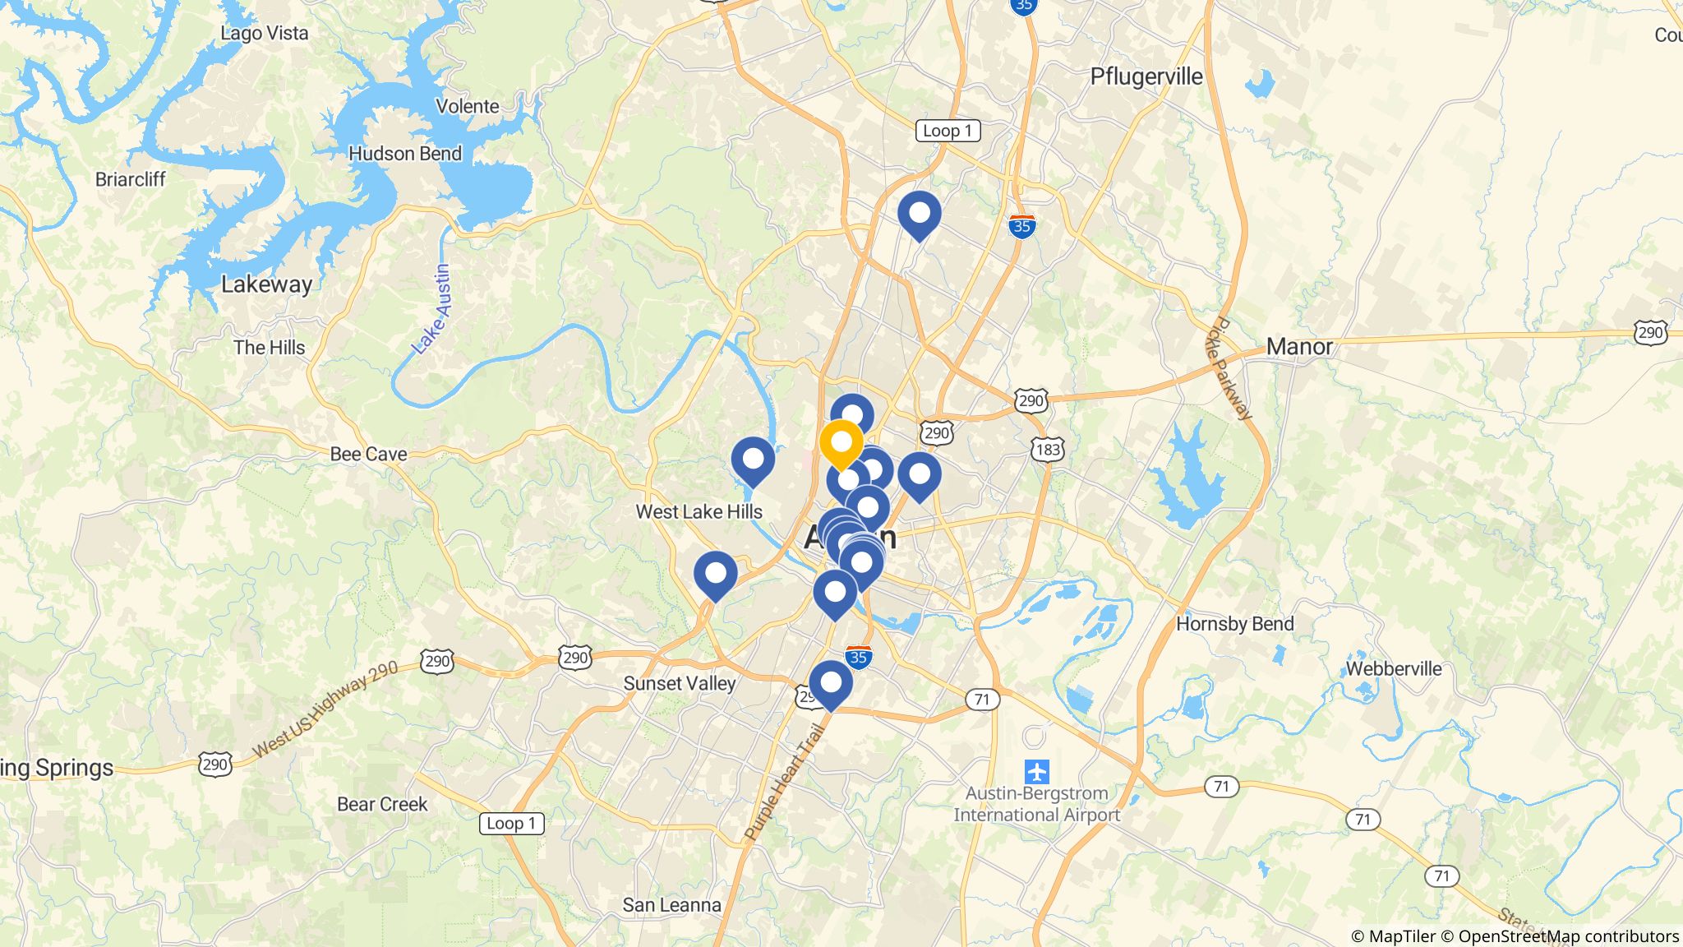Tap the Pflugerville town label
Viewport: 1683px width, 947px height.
click(x=1146, y=76)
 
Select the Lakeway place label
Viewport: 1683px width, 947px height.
click(x=266, y=284)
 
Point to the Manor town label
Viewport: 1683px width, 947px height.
click(x=1298, y=346)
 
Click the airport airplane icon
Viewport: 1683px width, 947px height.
click(x=1037, y=772)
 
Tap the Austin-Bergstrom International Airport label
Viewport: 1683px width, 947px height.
click(x=1037, y=804)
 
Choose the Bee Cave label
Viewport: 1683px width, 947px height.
click(x=368, y=454)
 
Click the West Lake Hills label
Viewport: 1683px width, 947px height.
click(x=699, y=511)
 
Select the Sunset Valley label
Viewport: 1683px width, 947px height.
click(x=679, y=683)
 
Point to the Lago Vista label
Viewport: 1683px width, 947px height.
click(x=265, y=34)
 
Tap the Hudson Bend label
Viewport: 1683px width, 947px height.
click(x=405, y=154)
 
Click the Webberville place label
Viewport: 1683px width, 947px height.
click(x=1393, y=668)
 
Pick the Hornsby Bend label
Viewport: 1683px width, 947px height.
click(x=1234, y=624)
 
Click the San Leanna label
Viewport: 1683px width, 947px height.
click(x=671, y=905)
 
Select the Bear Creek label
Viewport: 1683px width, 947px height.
click(x=382, y=804)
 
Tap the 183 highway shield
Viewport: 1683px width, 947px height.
click(x=1048, y=450)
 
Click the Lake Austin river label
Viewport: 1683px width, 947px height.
click(x=433, y=308)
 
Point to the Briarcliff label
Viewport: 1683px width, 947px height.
click(x=130, y=179)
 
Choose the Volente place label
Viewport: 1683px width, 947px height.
click(x=467, y=106)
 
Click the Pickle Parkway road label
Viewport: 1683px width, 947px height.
click(x=1230, y=368)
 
